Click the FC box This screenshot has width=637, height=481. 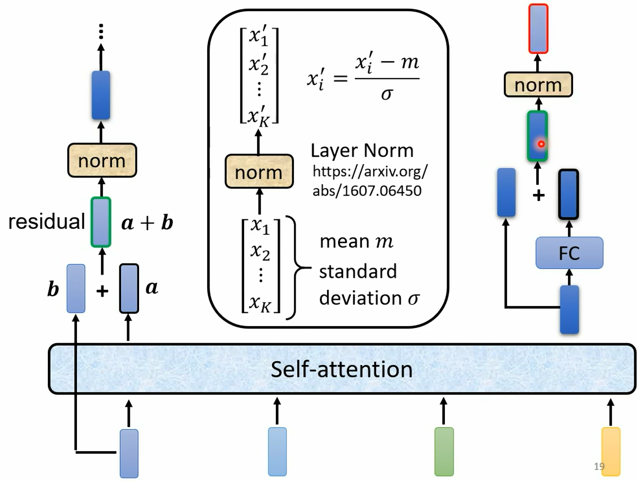569,252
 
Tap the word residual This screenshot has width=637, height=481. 47,222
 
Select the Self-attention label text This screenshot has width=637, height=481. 341,369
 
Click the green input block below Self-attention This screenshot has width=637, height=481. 444,452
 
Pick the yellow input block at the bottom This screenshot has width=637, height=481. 611,452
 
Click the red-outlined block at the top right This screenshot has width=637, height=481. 538,29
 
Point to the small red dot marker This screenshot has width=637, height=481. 541,144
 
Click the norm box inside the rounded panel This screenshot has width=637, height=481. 259,172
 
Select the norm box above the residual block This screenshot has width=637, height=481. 102,160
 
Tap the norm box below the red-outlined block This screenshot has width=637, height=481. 538,84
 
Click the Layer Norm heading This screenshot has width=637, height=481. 362,151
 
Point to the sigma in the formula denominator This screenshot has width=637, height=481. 386,94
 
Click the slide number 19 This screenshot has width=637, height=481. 599,466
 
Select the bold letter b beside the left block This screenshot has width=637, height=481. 53,289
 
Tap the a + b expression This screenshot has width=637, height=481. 147,223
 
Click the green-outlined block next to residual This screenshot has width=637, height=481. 101,222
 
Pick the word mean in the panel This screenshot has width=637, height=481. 345,241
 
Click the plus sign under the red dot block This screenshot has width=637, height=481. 538,195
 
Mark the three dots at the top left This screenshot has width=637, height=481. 101,31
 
